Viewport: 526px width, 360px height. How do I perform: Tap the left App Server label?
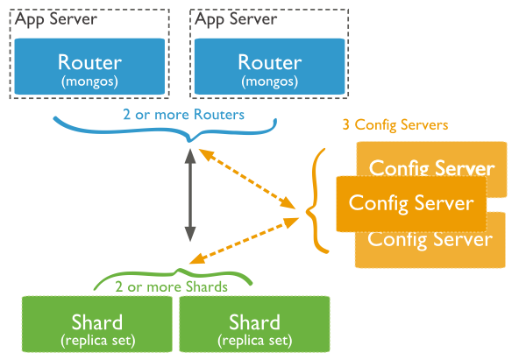[55, 18]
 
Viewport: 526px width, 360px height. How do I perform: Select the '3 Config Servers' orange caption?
[395, 125]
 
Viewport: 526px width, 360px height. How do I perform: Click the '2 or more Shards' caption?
[172, 286]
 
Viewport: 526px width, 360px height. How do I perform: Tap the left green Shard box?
[96, 326]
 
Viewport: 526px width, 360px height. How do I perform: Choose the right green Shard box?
[254, 326]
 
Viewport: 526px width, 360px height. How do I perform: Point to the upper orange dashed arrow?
[247, 180]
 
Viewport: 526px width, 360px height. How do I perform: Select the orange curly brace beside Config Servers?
[318, 202]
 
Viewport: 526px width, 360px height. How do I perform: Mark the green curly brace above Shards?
[175, 274]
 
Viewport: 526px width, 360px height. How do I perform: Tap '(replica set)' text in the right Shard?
[254, 339]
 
